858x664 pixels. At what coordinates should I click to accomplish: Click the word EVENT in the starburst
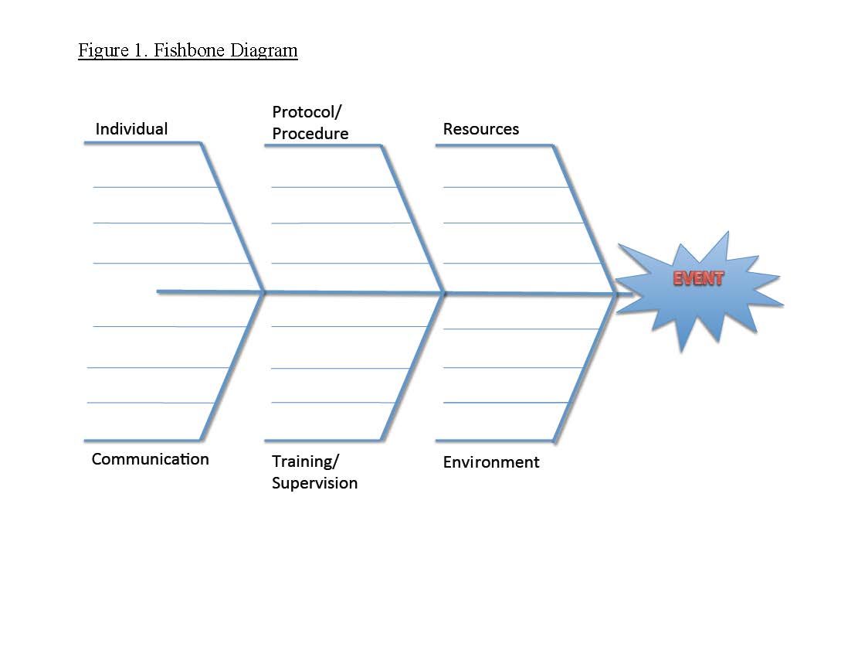click(698, 278)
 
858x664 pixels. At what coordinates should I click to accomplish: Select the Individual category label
click(131, 129)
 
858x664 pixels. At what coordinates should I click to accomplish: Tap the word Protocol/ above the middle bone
click(307, 112)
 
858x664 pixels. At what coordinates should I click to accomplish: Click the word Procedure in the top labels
click(310, 134)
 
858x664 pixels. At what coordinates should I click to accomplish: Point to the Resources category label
click(480, 129)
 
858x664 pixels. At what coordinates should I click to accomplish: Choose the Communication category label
click(150, 459)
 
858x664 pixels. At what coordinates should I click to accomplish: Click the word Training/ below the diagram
click(305, 461)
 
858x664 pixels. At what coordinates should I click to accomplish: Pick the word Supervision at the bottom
click(314, 483)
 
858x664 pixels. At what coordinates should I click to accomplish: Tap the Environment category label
click(490, 462)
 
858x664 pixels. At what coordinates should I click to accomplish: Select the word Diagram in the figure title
click(260, 51)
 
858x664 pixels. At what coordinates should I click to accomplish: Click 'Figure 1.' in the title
click(113, 51)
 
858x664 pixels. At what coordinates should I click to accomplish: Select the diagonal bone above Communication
click(232, 367)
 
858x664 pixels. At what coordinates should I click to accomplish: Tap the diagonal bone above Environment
click(585, 367)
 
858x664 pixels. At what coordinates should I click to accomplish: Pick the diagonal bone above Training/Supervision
click(412, 367)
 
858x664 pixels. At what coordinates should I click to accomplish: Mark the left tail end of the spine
click(159, 291)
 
